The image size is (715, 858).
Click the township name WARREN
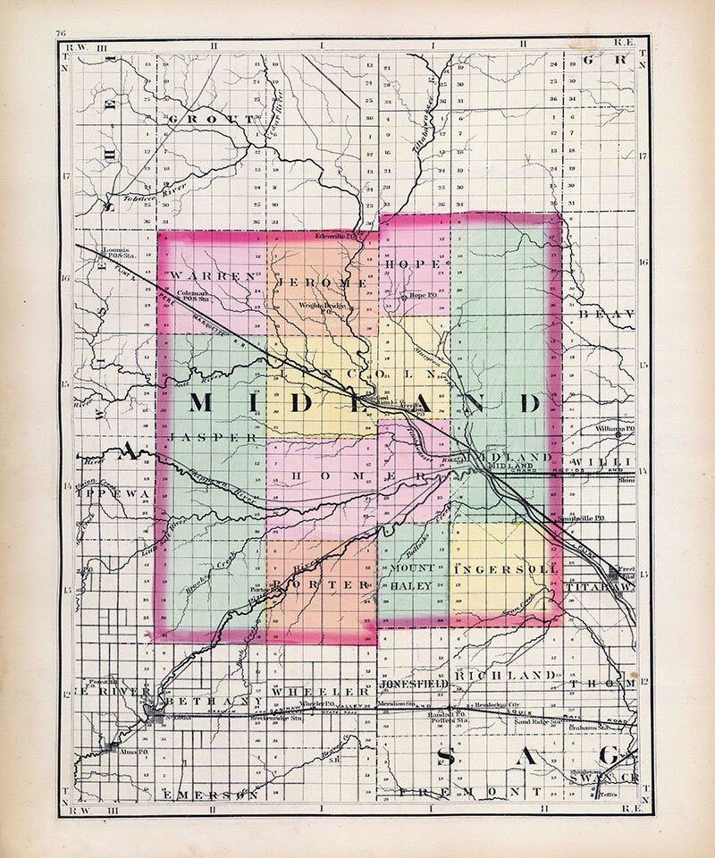pyautogui.click(x=211, y=276)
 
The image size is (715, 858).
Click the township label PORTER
pyautogui.click(x=319, y=583)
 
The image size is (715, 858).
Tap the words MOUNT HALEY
pyautogui.click(x=411, y=576)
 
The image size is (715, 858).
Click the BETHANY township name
pyautogui.click(x=208, y=693)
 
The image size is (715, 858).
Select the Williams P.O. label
pyautogui.click(x=615, y=428)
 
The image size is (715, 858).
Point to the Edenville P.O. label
pyautogui.click(x=338, y=237)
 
